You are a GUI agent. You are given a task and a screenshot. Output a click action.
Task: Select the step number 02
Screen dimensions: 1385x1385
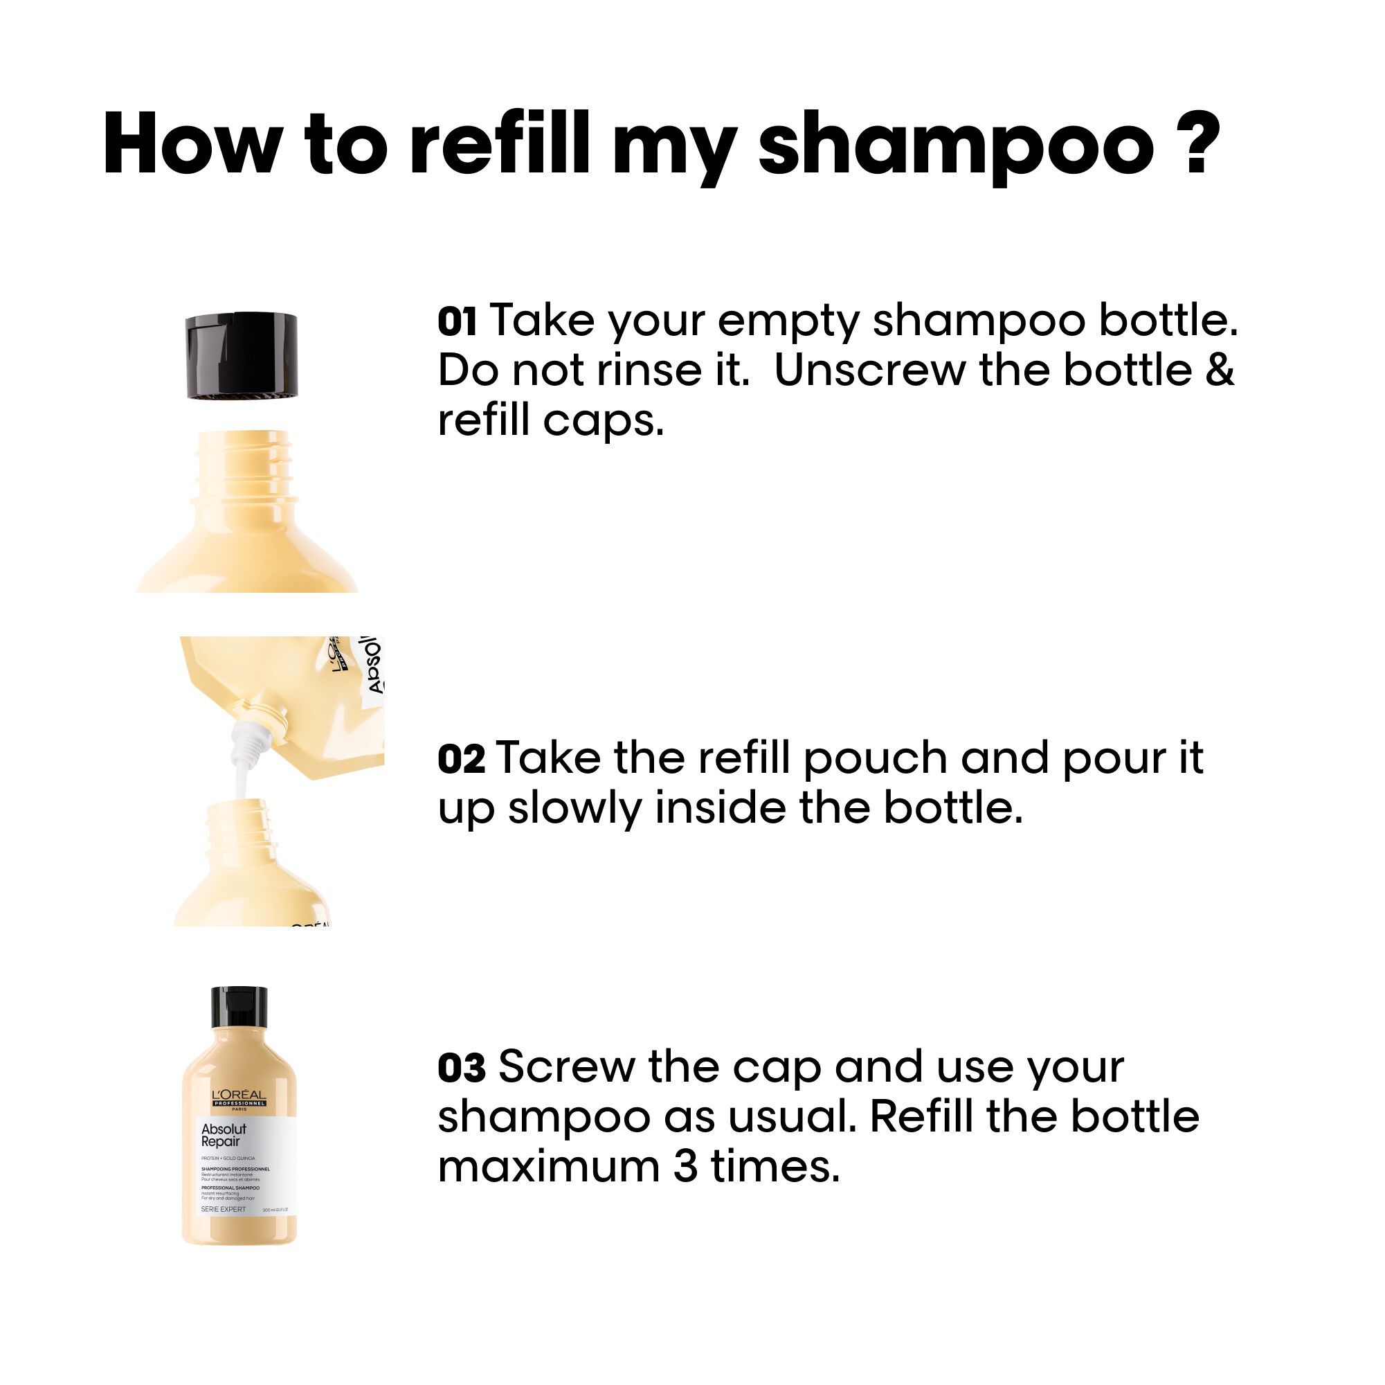461,760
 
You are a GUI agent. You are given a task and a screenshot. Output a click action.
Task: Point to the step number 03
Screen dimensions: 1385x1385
461,1068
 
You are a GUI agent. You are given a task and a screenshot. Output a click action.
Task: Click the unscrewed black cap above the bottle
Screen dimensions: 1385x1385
242,356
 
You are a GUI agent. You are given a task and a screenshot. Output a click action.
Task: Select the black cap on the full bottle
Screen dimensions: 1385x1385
239,1008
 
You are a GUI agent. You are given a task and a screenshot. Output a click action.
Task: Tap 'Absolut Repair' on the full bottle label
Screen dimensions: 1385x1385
223,1136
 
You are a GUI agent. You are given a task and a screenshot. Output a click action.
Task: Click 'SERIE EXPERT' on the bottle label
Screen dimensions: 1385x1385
223,1209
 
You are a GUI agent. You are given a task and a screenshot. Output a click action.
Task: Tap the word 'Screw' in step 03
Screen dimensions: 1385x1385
566,1068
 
